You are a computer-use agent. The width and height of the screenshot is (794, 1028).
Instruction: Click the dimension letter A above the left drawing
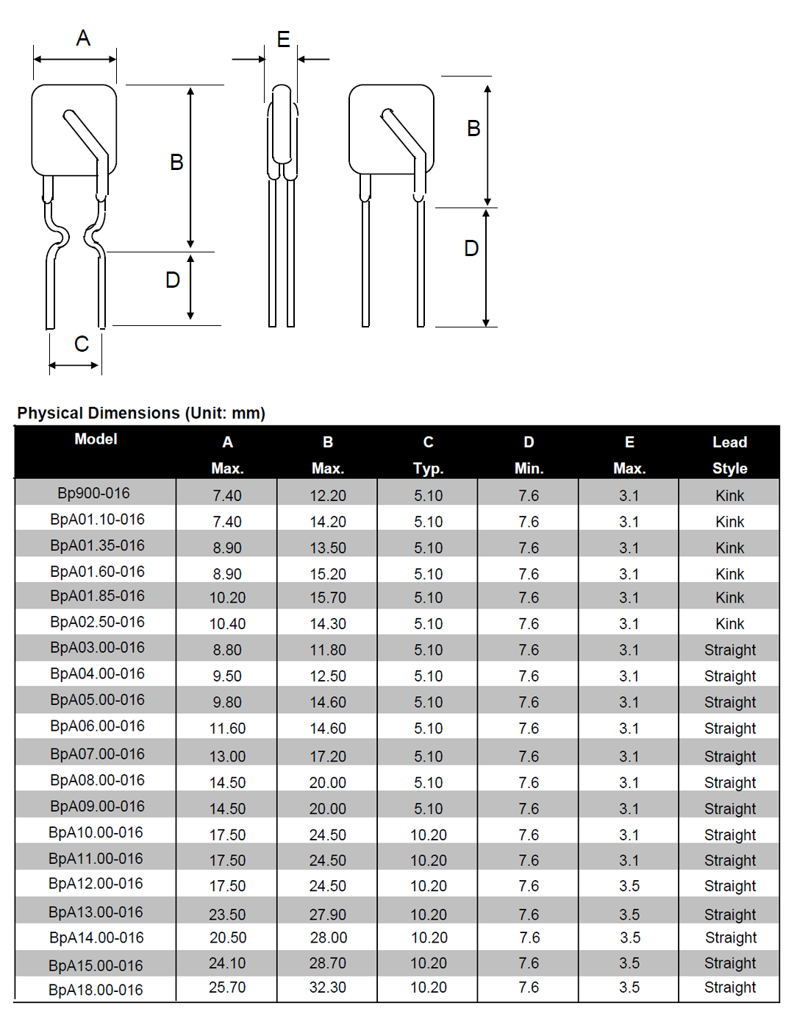click(83, 38)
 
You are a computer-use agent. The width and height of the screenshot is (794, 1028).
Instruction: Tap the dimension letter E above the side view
click(283, 39)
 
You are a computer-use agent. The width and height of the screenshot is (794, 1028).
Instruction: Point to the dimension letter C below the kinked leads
click(81, 344)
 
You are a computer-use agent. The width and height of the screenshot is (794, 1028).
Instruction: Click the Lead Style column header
click(729, 455)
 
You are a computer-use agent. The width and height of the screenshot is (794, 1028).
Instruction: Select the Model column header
click(96, 439)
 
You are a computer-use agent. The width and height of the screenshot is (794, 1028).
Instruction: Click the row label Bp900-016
click(93, 493)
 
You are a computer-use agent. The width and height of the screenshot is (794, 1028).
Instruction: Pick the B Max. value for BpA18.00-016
click(327, 988)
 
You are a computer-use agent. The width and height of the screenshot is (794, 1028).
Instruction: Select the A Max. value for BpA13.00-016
click(227, 915)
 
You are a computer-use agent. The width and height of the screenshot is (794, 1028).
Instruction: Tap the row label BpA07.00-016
click(97, 754)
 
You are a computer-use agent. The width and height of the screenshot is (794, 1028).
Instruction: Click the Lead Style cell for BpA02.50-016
click(729, 624)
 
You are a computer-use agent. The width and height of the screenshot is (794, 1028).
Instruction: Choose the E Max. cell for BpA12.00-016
click(629, 886)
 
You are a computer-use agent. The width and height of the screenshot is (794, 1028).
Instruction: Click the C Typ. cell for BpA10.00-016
click(429, 835)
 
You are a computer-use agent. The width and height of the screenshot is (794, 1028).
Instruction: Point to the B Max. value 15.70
click(328, 598)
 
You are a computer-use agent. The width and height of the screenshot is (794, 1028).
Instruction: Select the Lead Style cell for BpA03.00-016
click(729, 651)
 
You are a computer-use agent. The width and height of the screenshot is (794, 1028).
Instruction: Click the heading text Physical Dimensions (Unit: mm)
click(141, 413)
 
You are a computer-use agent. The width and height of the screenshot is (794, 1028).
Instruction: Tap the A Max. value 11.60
click(227, 729)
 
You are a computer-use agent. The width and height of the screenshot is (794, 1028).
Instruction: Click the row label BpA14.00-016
click(96, 938)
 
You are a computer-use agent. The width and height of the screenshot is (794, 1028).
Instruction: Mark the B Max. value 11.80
click(328, 651)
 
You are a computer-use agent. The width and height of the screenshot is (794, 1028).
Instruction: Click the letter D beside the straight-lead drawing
click(471, 249)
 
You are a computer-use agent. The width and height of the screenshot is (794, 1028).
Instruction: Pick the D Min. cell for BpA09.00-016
click(529, 809)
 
